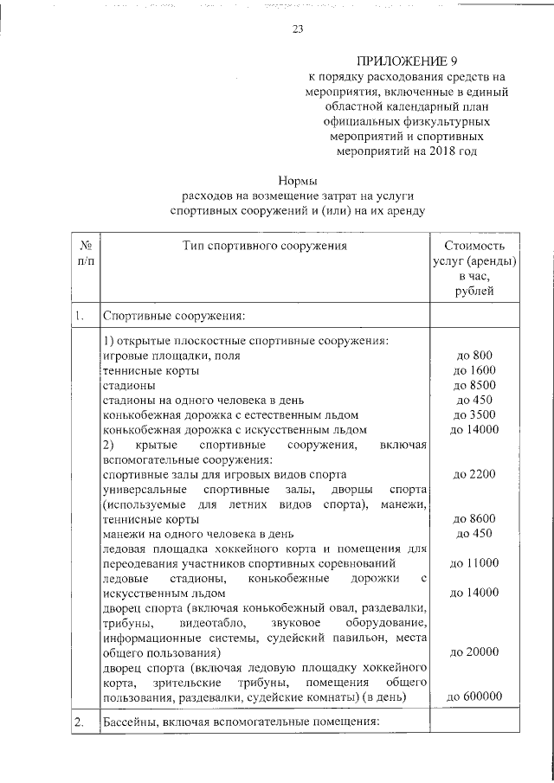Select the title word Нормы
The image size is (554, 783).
point(297,181)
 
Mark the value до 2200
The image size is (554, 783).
point(473,474)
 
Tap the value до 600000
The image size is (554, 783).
point(473,697)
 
